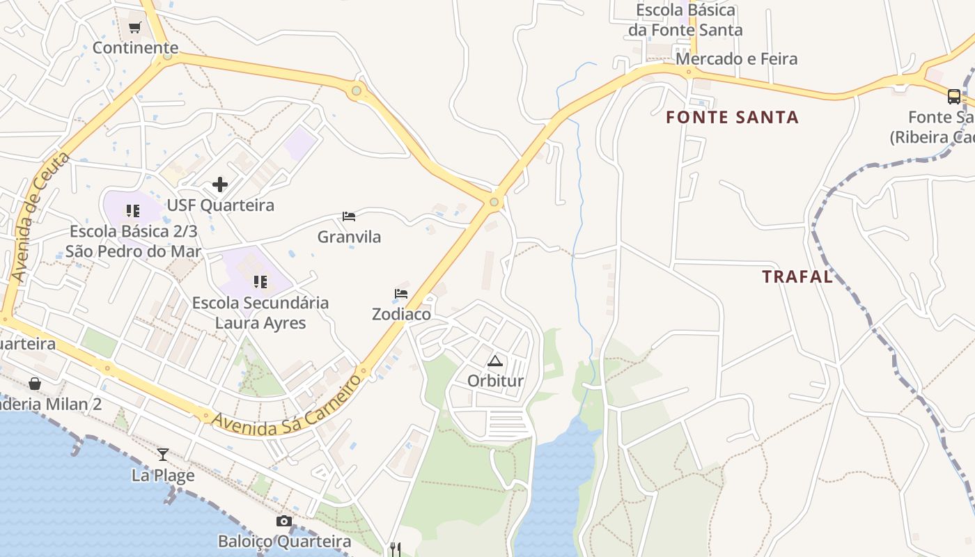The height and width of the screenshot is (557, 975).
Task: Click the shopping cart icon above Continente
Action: (134, 28)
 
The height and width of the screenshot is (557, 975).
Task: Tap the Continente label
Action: (136, 48)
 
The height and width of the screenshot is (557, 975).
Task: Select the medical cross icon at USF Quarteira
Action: (220, 185)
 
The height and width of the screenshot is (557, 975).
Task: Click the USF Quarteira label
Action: (220, 205)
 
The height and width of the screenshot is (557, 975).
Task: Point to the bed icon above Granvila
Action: (349, 217)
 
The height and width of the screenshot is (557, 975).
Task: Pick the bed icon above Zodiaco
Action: (401, 294)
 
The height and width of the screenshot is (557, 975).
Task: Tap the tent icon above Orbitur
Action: (495, 361)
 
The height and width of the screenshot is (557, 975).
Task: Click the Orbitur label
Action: (495, 381)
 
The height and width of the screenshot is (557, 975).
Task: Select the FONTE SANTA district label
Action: (732, 117)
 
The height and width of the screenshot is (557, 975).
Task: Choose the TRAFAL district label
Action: (797, 276)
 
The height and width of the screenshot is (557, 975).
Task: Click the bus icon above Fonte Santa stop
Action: (954, 97)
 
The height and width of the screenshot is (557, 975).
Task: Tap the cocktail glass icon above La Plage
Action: (163, 455)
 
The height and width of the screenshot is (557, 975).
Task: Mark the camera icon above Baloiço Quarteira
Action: (284, 521)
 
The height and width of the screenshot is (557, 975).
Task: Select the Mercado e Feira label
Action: (737, 58)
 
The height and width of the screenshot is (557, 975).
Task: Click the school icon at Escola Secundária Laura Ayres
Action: (260, 282)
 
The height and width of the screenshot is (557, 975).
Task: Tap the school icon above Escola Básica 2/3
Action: (133, 210)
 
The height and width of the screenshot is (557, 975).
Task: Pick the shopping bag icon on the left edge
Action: (35, 384)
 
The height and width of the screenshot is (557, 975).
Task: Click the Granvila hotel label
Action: (349, 237)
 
